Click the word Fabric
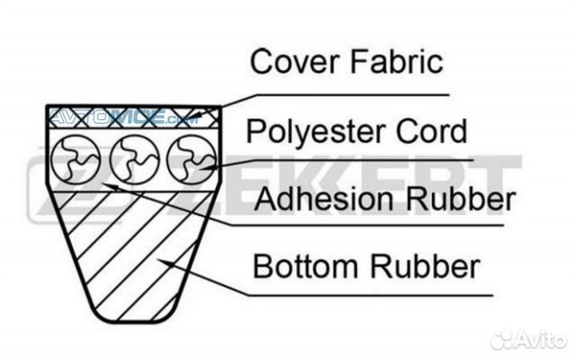click(398, 62)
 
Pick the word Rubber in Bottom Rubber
click(426, 266)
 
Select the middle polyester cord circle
click(134, 157)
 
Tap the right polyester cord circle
click(191, 157)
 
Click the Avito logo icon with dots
click(506, 339)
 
